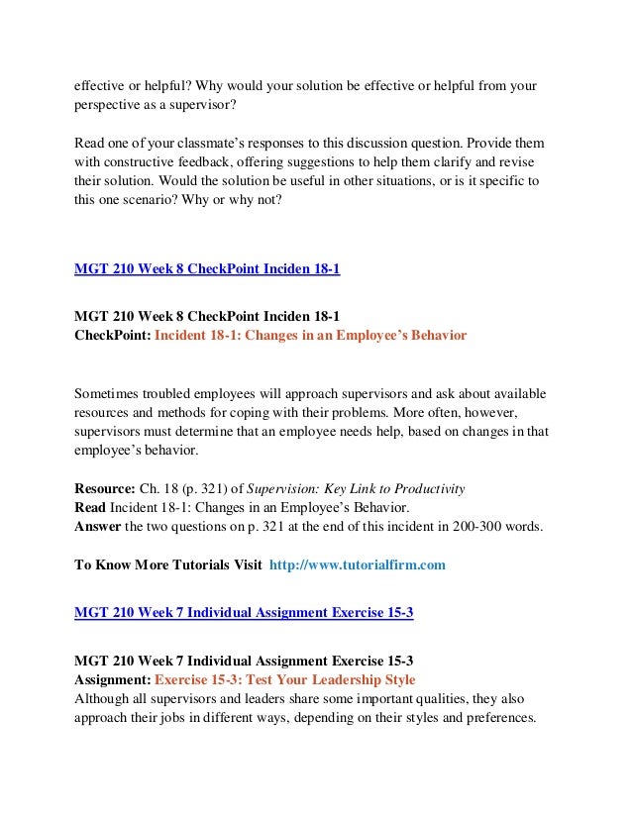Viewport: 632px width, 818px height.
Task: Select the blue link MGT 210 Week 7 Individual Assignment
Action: click(245, 613)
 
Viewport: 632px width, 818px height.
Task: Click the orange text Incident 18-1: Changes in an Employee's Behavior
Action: click(311, 336)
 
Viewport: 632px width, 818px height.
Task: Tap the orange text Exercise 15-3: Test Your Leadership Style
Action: click(286, 680)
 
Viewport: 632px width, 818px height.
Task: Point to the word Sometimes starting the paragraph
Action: click(109, 392)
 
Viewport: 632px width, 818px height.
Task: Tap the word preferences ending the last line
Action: click(495, 718)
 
